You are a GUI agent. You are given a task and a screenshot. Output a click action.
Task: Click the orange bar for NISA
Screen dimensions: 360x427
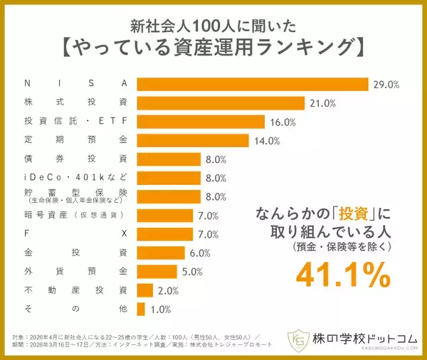click(x=253, y=84)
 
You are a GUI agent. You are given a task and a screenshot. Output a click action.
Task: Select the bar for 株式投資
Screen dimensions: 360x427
click(x=221, y=103)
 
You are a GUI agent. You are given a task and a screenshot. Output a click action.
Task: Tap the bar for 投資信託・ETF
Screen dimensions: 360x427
click(x=201, y=122)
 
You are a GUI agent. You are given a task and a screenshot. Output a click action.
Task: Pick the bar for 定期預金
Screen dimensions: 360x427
click(x=192, y=140)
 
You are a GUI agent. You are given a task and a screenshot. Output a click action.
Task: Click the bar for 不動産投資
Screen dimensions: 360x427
click(x=144, y=290)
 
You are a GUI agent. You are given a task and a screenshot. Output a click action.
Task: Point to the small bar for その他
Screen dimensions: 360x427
click(x=141, y=309)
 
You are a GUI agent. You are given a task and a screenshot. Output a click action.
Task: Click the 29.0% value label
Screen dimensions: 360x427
click(x=386, y=85)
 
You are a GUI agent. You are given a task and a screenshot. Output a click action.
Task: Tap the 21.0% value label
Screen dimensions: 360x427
click(x=322, y=103)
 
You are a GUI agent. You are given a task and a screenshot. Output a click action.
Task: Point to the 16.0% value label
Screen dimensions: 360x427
click(x=283, y=122)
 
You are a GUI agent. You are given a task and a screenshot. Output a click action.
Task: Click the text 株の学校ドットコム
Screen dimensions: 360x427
click(x=365, y=338)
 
